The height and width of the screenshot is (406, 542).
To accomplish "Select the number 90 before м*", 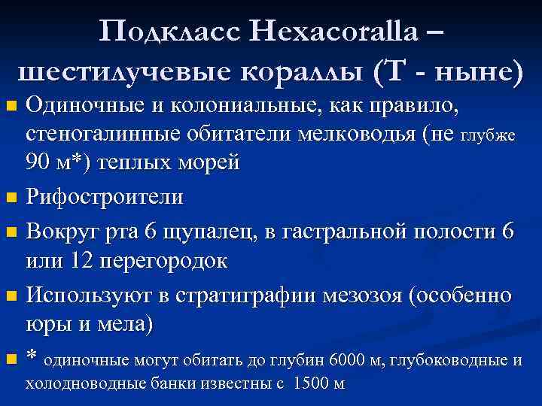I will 38,163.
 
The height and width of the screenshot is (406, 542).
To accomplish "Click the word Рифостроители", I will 105,198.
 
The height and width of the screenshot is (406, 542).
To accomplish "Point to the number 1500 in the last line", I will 311,383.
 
